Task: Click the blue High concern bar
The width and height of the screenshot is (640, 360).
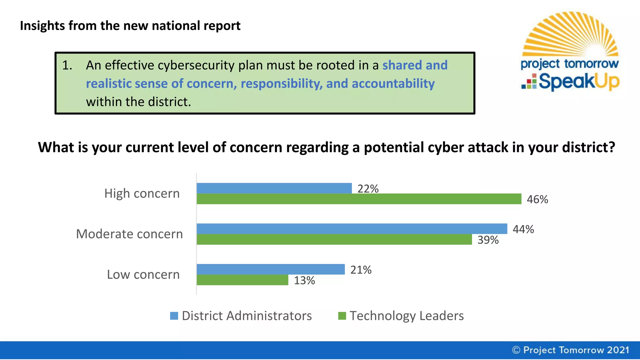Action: pyautogui.click(x=274, y=188)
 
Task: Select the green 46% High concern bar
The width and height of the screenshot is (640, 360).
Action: pyautogui.click(x=359, y=199)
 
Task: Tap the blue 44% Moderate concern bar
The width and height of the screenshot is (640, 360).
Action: pyautogui.click(x=352, y=228)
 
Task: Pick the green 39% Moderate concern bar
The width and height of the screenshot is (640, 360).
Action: pyautogui.click(x=334, y=239)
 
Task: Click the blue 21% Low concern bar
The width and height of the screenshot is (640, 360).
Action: pyautogui.click(x=271, y=269)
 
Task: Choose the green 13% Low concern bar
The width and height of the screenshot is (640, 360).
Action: pyautogui.click(x=242, y=280)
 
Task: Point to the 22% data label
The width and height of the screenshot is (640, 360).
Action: pyautogui.click(x=368, y=189)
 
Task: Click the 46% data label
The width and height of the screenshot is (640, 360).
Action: pyautogui.click(x=537, y=199)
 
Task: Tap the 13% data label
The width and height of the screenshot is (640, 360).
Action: pyautogui.click(x=304, y=280)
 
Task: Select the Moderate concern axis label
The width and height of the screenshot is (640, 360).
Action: pyautogui.click(x=129, y=234)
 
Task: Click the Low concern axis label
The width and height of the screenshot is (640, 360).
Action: pyautogui.click(x=143, y=274)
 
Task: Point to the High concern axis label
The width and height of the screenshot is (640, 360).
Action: pyautogui.click(x=142, y=193)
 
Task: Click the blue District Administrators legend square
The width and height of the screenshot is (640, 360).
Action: pyautogui.click(x=174, y=316)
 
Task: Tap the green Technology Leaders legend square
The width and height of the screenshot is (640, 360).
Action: pyautogui.click(x=342, y=316)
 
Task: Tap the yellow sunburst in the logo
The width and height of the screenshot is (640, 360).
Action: pyautogui.click(x=571, y=34)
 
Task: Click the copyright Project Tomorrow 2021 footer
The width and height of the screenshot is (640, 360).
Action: pyautogui.click(x=571, y=350)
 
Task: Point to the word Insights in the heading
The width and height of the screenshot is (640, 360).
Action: pyautogui.click(x=42, y=26)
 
